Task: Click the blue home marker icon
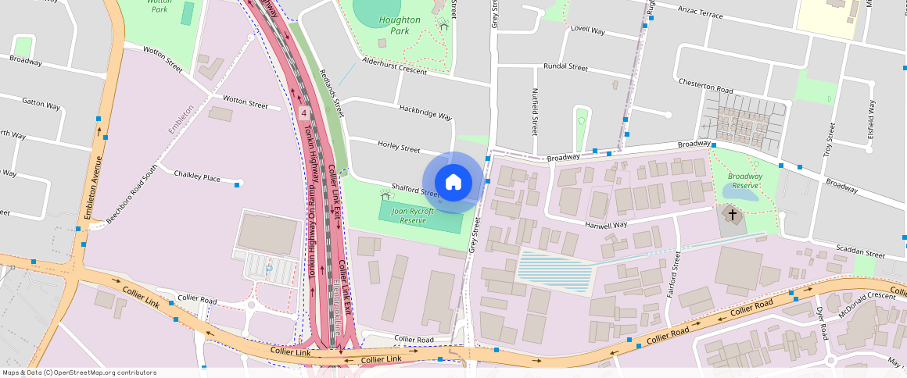tap(453, 182)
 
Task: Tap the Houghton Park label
tap(399, 25)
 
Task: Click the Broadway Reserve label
tap(744, 180)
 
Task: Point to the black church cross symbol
tap(733, 213)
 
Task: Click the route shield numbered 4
tap(303, 113)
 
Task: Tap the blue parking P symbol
tap(269, 268)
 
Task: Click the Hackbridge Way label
tap(425, 112)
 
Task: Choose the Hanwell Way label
tap(606, 225)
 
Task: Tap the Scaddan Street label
tap(859, 255)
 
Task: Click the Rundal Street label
tap(565, 67)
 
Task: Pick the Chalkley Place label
tap(197, 177)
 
